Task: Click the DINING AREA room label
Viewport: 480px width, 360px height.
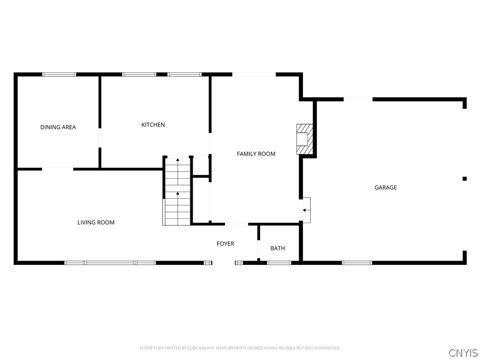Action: click(58, 127)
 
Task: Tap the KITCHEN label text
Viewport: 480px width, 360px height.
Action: click(153, 125)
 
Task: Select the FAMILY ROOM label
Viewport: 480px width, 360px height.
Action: click(256, 154)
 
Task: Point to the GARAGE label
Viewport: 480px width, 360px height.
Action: click(385, 187)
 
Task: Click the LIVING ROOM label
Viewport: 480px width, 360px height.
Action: click(96, 222)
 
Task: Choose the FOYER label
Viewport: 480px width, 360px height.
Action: click(225, 244)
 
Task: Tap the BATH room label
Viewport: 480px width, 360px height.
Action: click(277, 248)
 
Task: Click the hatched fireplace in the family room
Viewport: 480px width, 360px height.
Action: click(304, 139)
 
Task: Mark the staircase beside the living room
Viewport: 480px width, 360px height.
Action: click(177, 191)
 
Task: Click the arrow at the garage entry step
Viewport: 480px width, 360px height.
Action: click(306, 210)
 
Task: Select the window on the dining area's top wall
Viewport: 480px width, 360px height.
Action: click(59, 74)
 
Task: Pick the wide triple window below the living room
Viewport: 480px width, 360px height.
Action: click(110, 262)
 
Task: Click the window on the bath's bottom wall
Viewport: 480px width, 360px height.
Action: click(279, 262)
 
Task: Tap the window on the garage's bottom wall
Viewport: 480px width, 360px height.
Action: click(357, 262)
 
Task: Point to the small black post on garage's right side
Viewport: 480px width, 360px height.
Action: click(465, 179)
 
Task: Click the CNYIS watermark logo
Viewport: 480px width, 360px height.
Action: click(463, 352)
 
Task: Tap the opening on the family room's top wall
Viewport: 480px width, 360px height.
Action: click(254, 74)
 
